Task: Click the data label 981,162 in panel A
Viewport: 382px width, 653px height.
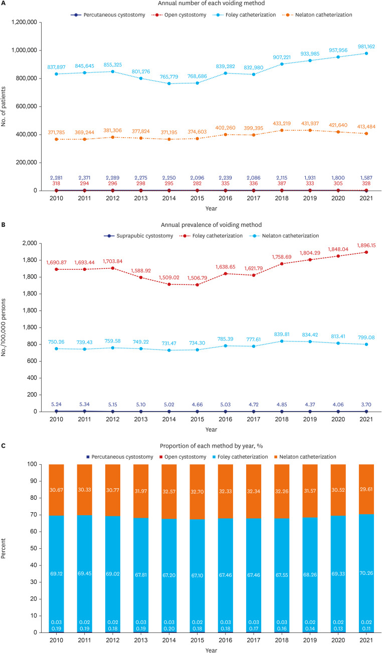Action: pos(365,47)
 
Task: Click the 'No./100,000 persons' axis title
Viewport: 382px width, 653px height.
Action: pos(6,327)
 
